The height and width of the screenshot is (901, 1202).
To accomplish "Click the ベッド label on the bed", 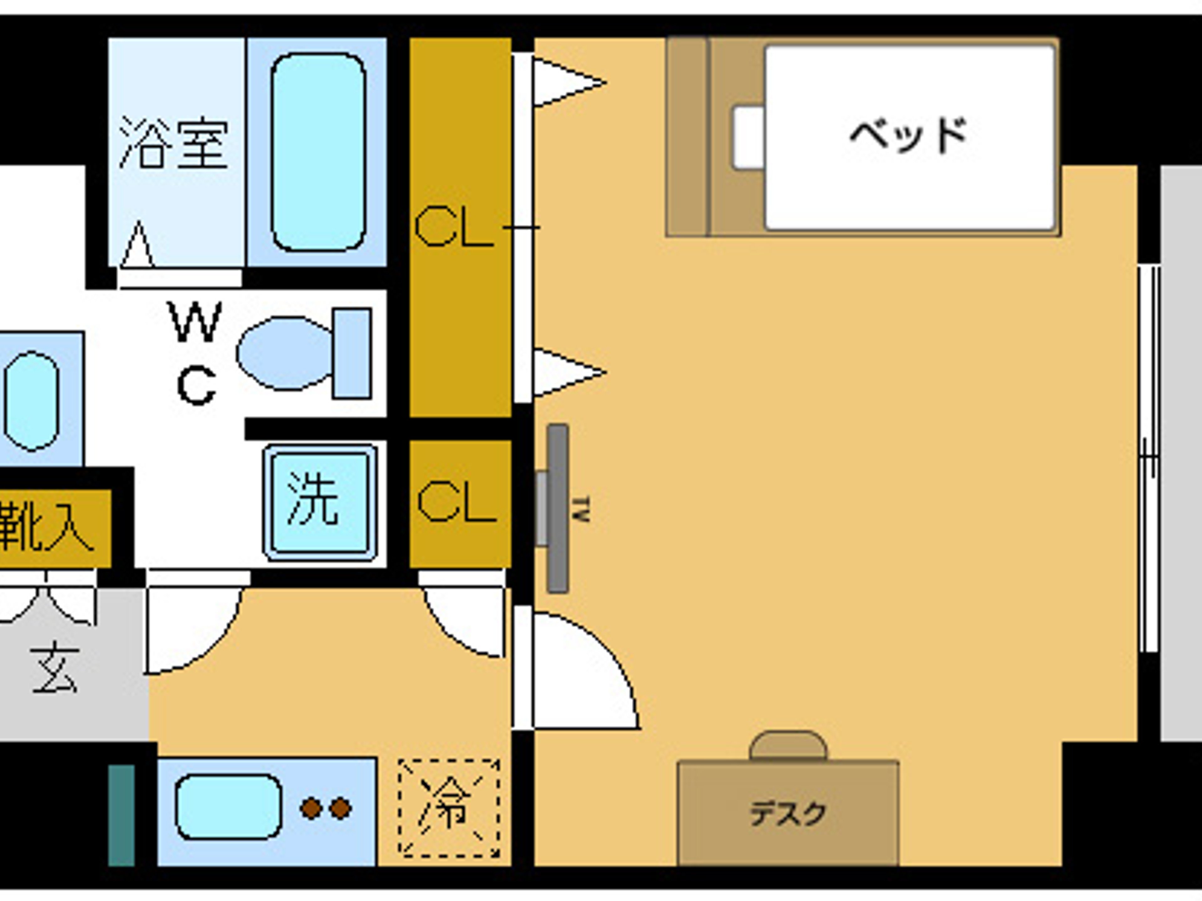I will (909, 135).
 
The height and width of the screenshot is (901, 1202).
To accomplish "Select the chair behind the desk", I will (788, 746).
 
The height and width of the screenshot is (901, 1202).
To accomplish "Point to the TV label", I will (582, 509).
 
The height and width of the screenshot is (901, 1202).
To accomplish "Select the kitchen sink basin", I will (229, 807).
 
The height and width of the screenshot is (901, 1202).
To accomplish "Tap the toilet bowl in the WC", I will (283, 353).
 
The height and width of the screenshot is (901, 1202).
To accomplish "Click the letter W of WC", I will (196, 322).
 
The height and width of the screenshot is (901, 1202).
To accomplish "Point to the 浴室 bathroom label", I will (173, 142).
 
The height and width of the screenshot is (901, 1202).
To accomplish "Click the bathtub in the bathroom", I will (318, 152).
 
